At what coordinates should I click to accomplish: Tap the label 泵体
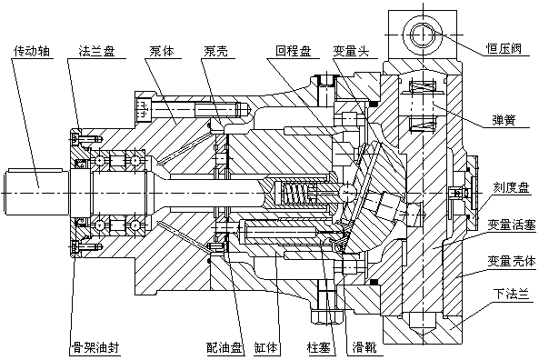coord(163,50)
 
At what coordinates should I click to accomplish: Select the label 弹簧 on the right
coord(504,119)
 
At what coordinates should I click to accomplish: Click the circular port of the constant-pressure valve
coord(423,35)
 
